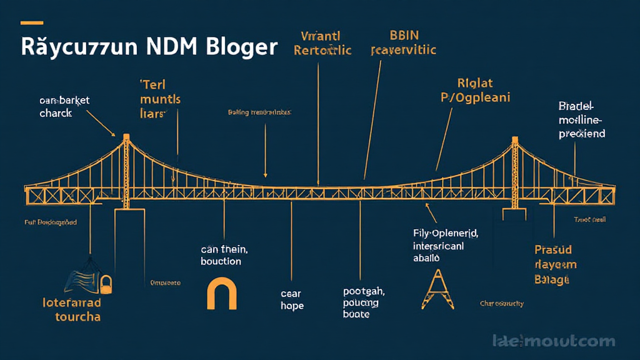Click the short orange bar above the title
coord(32,23)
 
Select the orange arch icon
coord(222,294)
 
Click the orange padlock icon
coord(105,284)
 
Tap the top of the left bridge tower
coord(126,137)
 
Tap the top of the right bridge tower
coord(515,139)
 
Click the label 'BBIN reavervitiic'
coord(402,42)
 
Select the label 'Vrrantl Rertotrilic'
coord(322,42)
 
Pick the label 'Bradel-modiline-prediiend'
coord(581,119)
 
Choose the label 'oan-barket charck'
coord(56,106)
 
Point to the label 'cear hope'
coord(292,299)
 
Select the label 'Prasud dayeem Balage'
coord(555,265)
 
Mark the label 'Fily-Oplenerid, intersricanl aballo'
coord(445,245)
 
